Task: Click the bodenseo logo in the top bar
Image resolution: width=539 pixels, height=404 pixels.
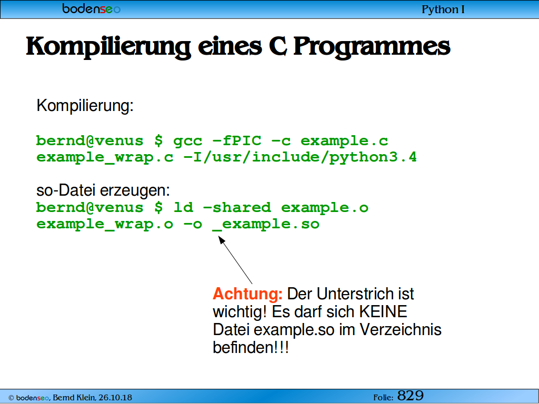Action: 91,8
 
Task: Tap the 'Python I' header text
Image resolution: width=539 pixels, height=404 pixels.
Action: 443,9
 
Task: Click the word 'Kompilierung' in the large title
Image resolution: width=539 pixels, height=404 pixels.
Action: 108,47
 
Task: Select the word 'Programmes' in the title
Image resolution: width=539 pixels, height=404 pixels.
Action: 372,47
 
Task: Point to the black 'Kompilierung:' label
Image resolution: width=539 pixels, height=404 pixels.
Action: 85,105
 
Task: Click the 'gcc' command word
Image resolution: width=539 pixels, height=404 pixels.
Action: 187,141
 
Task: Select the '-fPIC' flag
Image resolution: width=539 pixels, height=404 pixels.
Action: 237,140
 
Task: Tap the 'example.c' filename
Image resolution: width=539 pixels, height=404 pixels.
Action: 344,141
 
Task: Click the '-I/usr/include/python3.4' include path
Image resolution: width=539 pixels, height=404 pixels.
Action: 300,157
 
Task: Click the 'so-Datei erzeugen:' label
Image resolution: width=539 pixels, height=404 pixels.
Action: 103,190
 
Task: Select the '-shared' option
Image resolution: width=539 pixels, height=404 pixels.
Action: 237,207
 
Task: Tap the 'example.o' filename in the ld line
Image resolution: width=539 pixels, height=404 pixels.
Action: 324,207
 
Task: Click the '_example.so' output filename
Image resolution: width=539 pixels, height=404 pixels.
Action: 266,224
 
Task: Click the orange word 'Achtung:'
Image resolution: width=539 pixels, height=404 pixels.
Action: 247,294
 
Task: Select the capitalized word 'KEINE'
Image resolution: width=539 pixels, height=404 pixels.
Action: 383,311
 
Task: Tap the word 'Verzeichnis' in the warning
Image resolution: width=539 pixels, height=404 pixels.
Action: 401,329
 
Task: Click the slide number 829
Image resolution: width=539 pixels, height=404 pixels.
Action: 410,396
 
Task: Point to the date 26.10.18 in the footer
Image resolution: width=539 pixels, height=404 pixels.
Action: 115,398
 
